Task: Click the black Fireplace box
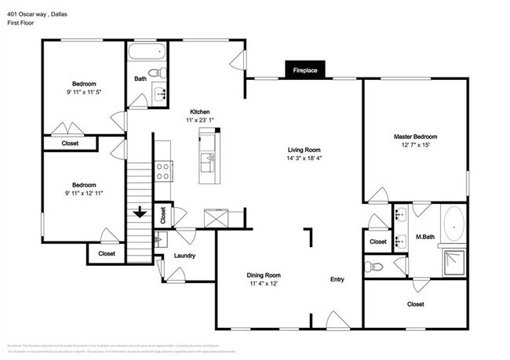click(305, 71)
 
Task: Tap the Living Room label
click(304, 150)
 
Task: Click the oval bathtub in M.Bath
click(454, 224)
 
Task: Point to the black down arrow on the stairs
click(140, 212)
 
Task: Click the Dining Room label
click(264, 275)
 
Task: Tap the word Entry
click(337, 279)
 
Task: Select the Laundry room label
click(184, 256)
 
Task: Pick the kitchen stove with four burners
click(163, 169)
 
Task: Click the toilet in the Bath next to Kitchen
click(156, 73)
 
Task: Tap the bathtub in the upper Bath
click(147, 54)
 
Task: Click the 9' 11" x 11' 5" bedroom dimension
click(84, 92)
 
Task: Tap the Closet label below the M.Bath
click(415, 304)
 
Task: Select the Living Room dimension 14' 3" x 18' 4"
click(304, 158)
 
